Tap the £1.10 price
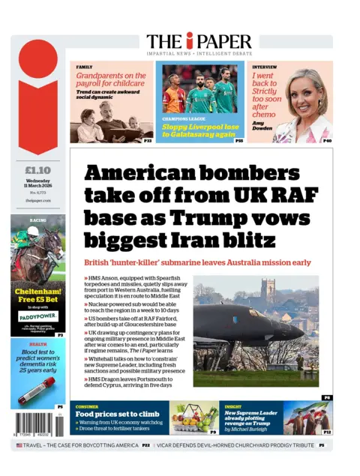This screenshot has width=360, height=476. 37,169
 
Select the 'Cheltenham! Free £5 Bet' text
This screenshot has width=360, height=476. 37,296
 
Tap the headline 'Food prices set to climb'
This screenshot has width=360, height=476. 117,414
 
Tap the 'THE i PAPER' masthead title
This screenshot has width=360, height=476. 199,41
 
